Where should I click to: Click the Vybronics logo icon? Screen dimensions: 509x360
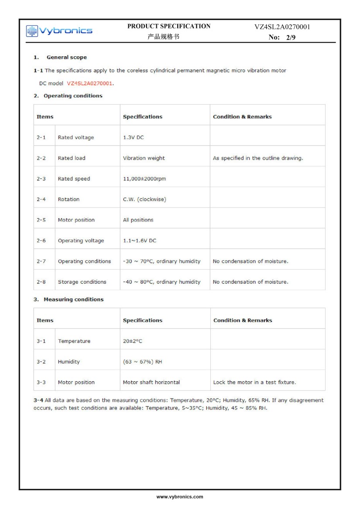click(32, 31)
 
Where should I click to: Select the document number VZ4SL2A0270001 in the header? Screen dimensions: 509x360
click(282, 27)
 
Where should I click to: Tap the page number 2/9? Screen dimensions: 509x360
click(290, 38)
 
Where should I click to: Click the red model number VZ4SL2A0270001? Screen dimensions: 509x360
click(89, 83)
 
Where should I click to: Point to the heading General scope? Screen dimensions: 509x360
click(66, 57)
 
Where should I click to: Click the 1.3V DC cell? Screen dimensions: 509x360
click(133, 137)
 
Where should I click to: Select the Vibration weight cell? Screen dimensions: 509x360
click(144, 158)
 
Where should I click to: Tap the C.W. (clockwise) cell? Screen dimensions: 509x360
click(144, 199)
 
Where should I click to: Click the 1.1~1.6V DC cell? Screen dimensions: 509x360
click(139, 241)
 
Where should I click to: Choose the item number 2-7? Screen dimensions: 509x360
click(41, 261)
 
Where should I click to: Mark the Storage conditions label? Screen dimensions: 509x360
click(82, 282)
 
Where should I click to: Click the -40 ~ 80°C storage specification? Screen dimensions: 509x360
click(161, 282)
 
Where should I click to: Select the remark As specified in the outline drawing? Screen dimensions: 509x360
click(257, 158)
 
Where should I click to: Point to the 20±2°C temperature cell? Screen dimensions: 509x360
click(132, 341)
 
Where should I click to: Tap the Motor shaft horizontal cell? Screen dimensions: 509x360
click(151, 382)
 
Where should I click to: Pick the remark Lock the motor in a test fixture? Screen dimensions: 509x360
click(254, 382)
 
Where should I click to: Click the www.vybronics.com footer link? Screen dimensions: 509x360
click(180, 496)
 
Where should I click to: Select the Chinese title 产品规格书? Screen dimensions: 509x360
click(163, 37)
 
